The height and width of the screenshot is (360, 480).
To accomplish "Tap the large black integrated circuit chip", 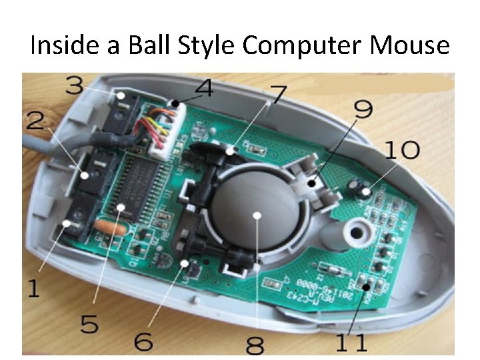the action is click(x=143, y=187).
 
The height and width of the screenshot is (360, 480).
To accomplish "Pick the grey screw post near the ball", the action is click(x=356, y=232).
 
